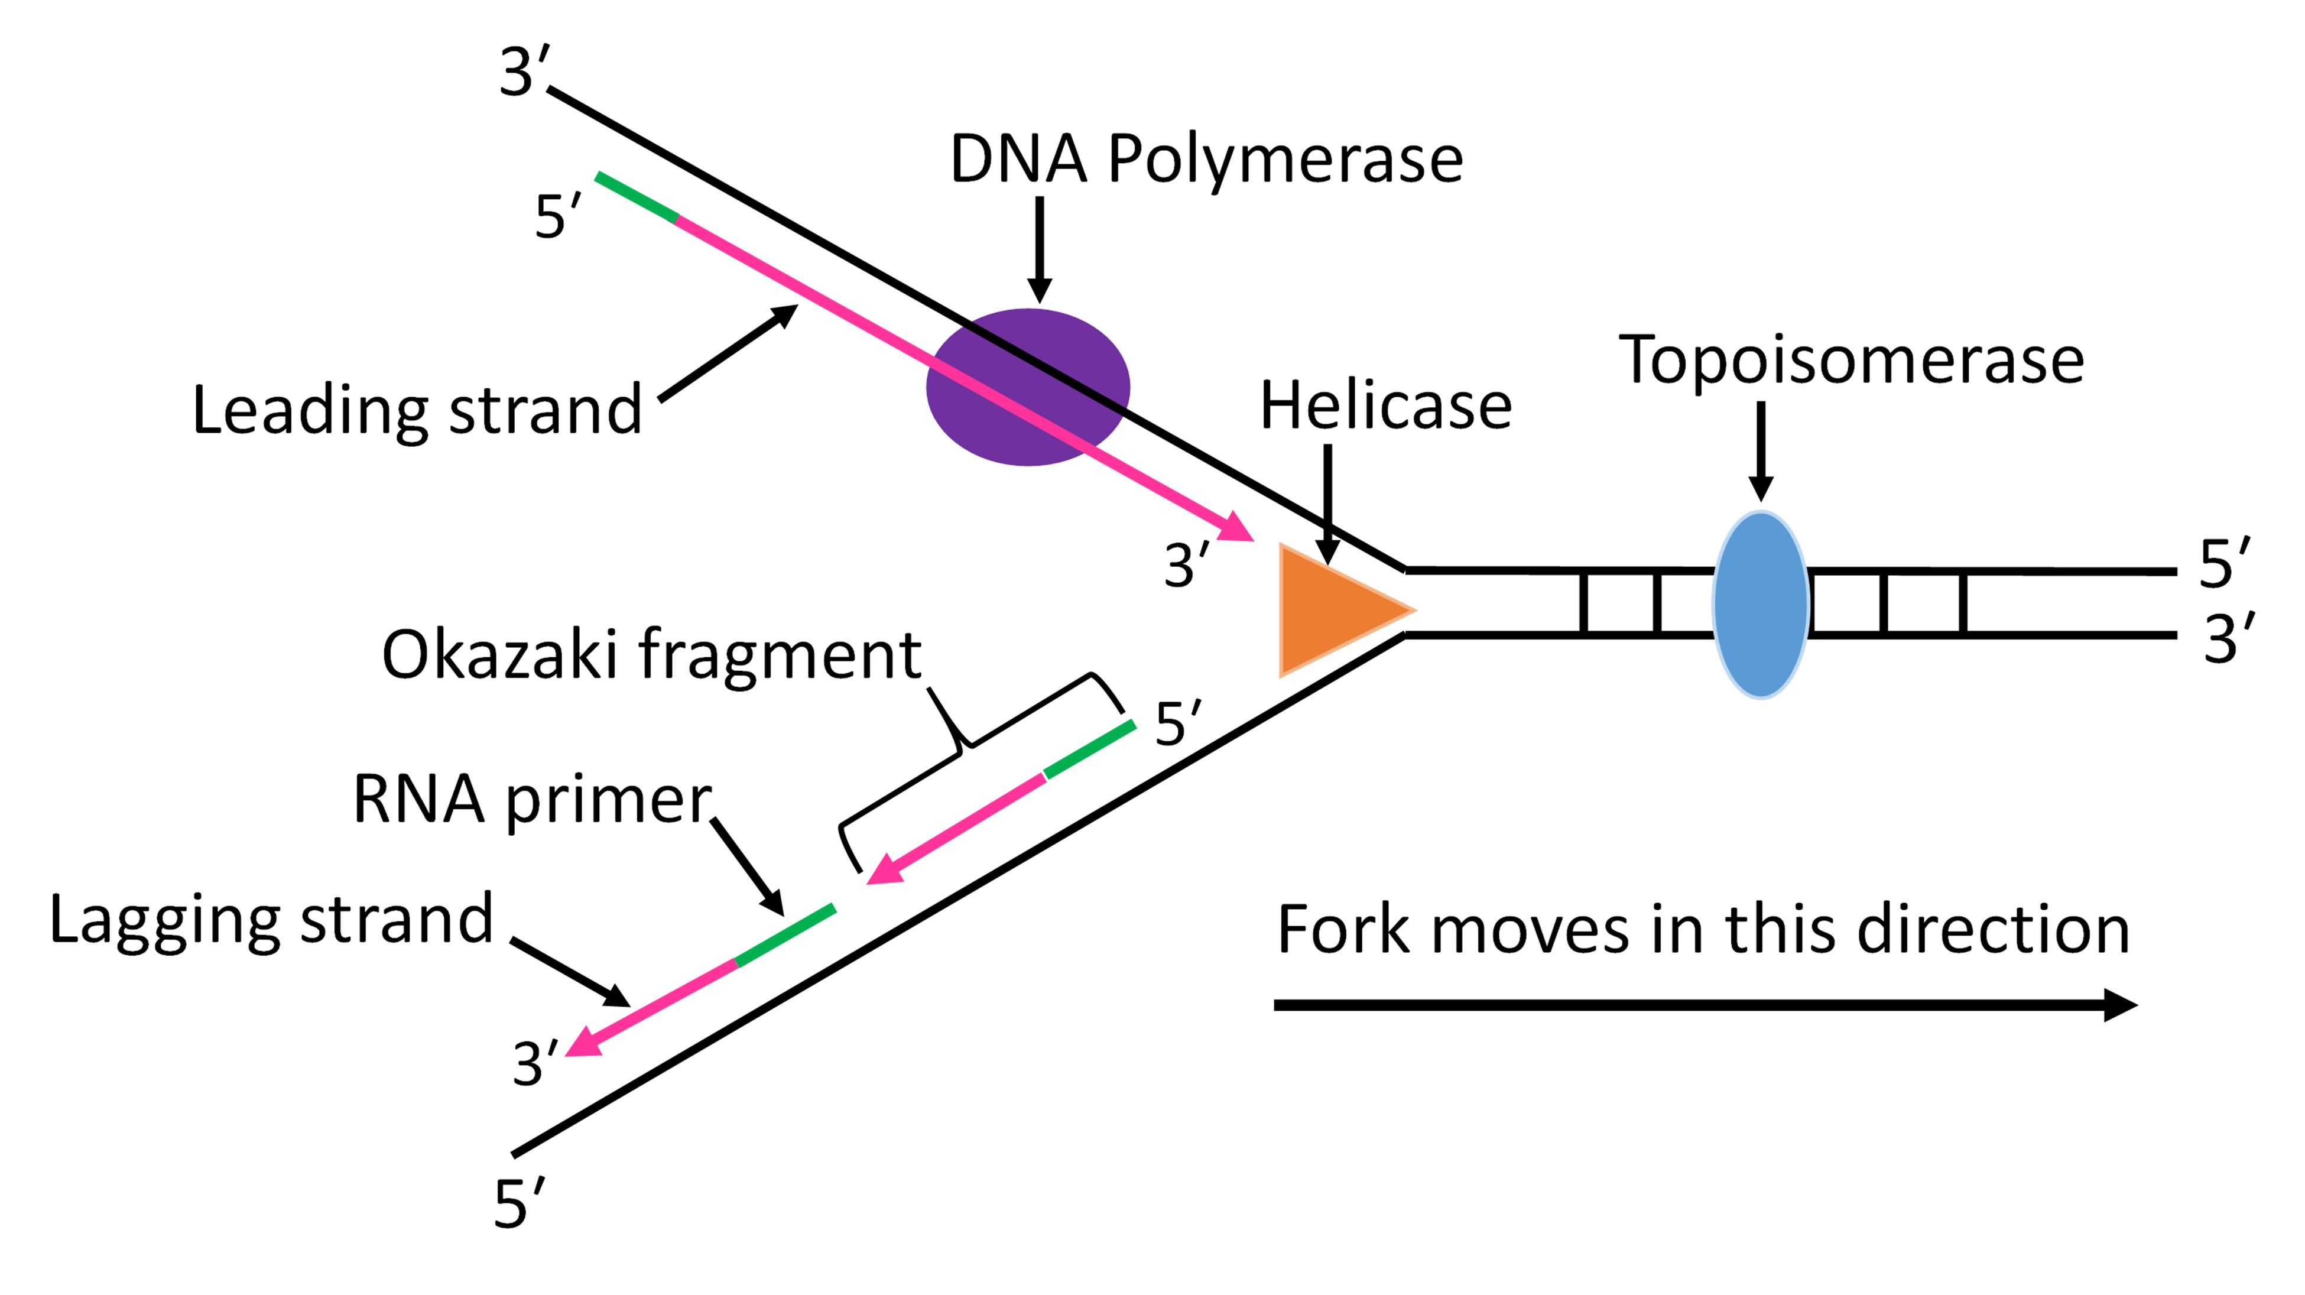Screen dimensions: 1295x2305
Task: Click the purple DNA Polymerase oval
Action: tap(1027, 387)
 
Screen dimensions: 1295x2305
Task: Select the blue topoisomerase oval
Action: tap(1760, 604)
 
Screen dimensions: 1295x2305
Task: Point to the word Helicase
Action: tap(1385, 405)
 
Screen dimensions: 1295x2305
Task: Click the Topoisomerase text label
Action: tap(1851, 360)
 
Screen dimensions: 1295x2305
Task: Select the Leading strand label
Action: tap(417, 410)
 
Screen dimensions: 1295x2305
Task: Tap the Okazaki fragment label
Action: tap(651, 654)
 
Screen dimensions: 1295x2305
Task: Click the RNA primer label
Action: tap(531, 799)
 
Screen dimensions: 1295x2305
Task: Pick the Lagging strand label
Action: tap(270, 919)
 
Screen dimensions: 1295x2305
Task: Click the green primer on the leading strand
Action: tap(636, 197)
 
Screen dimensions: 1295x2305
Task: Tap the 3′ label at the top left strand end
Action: tap(524, 72)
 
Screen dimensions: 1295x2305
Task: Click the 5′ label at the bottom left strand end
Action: tap(518, 1204)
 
